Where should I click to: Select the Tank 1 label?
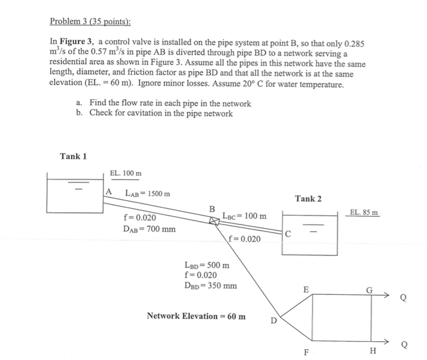[73, 157]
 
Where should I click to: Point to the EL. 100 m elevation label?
[126, 173]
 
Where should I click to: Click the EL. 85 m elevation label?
[364, 212]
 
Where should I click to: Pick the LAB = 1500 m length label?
[147, 193]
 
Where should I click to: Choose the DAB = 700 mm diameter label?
[150, 229]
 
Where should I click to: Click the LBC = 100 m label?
[244, 215]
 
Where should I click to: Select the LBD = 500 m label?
[207, 264]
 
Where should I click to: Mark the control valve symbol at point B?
[214, 221]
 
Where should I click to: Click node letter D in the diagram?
[274, 321]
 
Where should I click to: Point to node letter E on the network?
[306, 290]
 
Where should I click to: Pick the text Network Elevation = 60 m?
[196, 315]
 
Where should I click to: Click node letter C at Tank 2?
[288, 235]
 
